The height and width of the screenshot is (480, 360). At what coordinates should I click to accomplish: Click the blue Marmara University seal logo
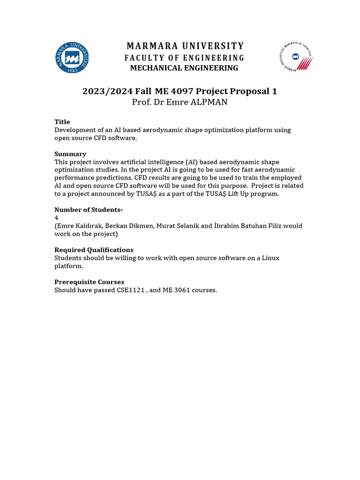click(x=72, y=58)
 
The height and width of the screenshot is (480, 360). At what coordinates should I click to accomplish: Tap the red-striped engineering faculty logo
click(x=295, y=57)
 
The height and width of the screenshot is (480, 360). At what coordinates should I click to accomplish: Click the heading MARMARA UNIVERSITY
click(x=185, y=46)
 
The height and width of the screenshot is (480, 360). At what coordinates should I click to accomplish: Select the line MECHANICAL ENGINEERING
click(x=184, y=68)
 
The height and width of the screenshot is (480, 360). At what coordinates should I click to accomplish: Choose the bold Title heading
click(x=62, y=122)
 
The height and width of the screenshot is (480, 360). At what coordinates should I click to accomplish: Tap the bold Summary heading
click(x=70, y=154)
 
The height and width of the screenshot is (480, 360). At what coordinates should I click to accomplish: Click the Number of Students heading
click(x=89, y=210)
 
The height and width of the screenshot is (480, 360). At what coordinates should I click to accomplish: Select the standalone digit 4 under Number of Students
click(x=56, y=217)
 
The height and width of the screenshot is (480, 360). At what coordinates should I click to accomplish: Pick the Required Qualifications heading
click(x=94, y=250)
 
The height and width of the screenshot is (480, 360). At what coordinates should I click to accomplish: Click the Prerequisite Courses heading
click(x=89, y=282)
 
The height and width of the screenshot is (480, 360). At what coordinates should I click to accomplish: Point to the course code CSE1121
click(x=131, y=290)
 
